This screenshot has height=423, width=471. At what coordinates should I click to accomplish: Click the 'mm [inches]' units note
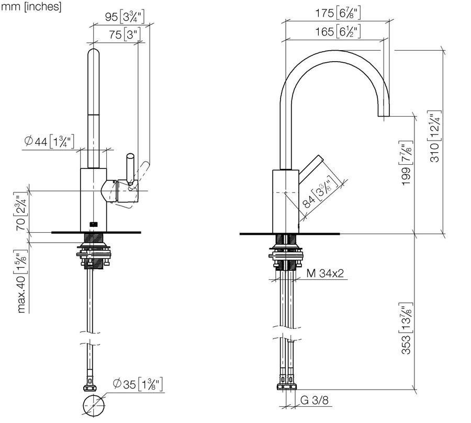[31, 7]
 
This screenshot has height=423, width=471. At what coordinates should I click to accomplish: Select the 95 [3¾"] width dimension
[125, 17]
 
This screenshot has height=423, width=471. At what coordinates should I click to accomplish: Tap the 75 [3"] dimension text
[125, 35]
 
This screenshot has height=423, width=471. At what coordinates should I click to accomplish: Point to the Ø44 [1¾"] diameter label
[49, 141]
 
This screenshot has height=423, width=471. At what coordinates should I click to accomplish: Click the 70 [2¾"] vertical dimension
[21, 212]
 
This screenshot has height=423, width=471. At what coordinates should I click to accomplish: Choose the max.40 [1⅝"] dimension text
[21, 281]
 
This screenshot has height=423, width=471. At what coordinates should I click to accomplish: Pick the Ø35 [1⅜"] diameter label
[138, 384]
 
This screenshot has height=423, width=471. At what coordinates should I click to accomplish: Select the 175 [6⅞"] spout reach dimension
[338, 13]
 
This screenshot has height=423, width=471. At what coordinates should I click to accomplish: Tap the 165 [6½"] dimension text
[338, 31]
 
